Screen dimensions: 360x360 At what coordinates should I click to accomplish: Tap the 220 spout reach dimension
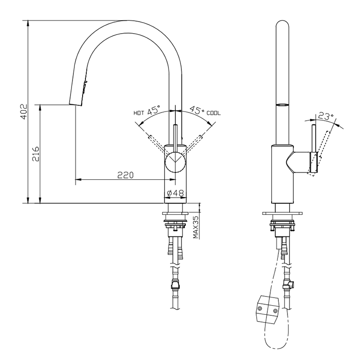pyautogui.click(x=125, y=175)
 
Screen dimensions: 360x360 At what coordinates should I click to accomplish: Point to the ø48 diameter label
pyautogui.click(x=175, y=193)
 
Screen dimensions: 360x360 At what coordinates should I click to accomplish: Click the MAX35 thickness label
pyautogui.click(x=196, y=226)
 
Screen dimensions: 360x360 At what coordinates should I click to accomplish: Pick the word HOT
pyautogui.click(x=139, y=113)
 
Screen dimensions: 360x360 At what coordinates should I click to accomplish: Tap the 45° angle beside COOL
pyautogui.click(x=197, y=111)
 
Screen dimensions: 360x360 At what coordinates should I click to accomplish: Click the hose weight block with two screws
pyautogui.click(x=266, y=307)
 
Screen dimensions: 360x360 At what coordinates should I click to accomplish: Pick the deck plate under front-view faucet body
pyautogui.click(x=175, y=213)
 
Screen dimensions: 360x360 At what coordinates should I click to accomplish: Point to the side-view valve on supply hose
pyautogui.click(x=289, y=283)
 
